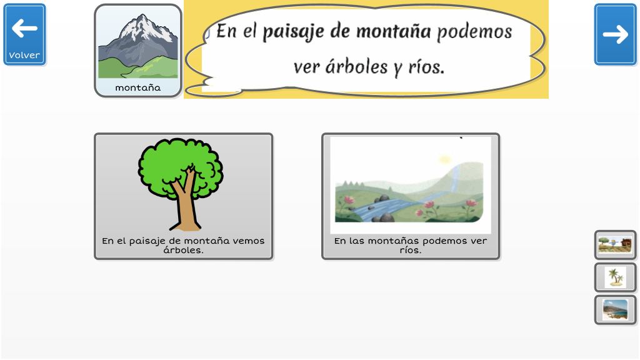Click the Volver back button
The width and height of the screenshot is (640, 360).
click(x=24, y=34)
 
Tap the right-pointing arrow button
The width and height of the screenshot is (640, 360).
click(x=615, y=34)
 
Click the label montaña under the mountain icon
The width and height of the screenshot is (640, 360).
click(x=138, y=87)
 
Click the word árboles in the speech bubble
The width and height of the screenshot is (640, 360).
click(x=356, y=67)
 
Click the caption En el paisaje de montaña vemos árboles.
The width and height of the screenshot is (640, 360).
click(x=183, y=245)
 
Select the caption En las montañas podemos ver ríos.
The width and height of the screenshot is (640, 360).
click(x=411, y=245)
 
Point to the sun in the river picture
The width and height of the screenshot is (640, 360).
click(x=444, y=159)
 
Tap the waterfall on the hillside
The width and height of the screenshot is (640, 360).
click(x=454, y=179)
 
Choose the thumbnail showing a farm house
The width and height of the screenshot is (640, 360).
click(x=615, y=245)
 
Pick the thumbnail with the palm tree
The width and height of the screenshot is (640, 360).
click(x=615, y=277)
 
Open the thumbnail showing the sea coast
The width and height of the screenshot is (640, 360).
click(x=615, y=310)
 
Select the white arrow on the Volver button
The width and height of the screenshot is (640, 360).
click(x=24, y=29)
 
